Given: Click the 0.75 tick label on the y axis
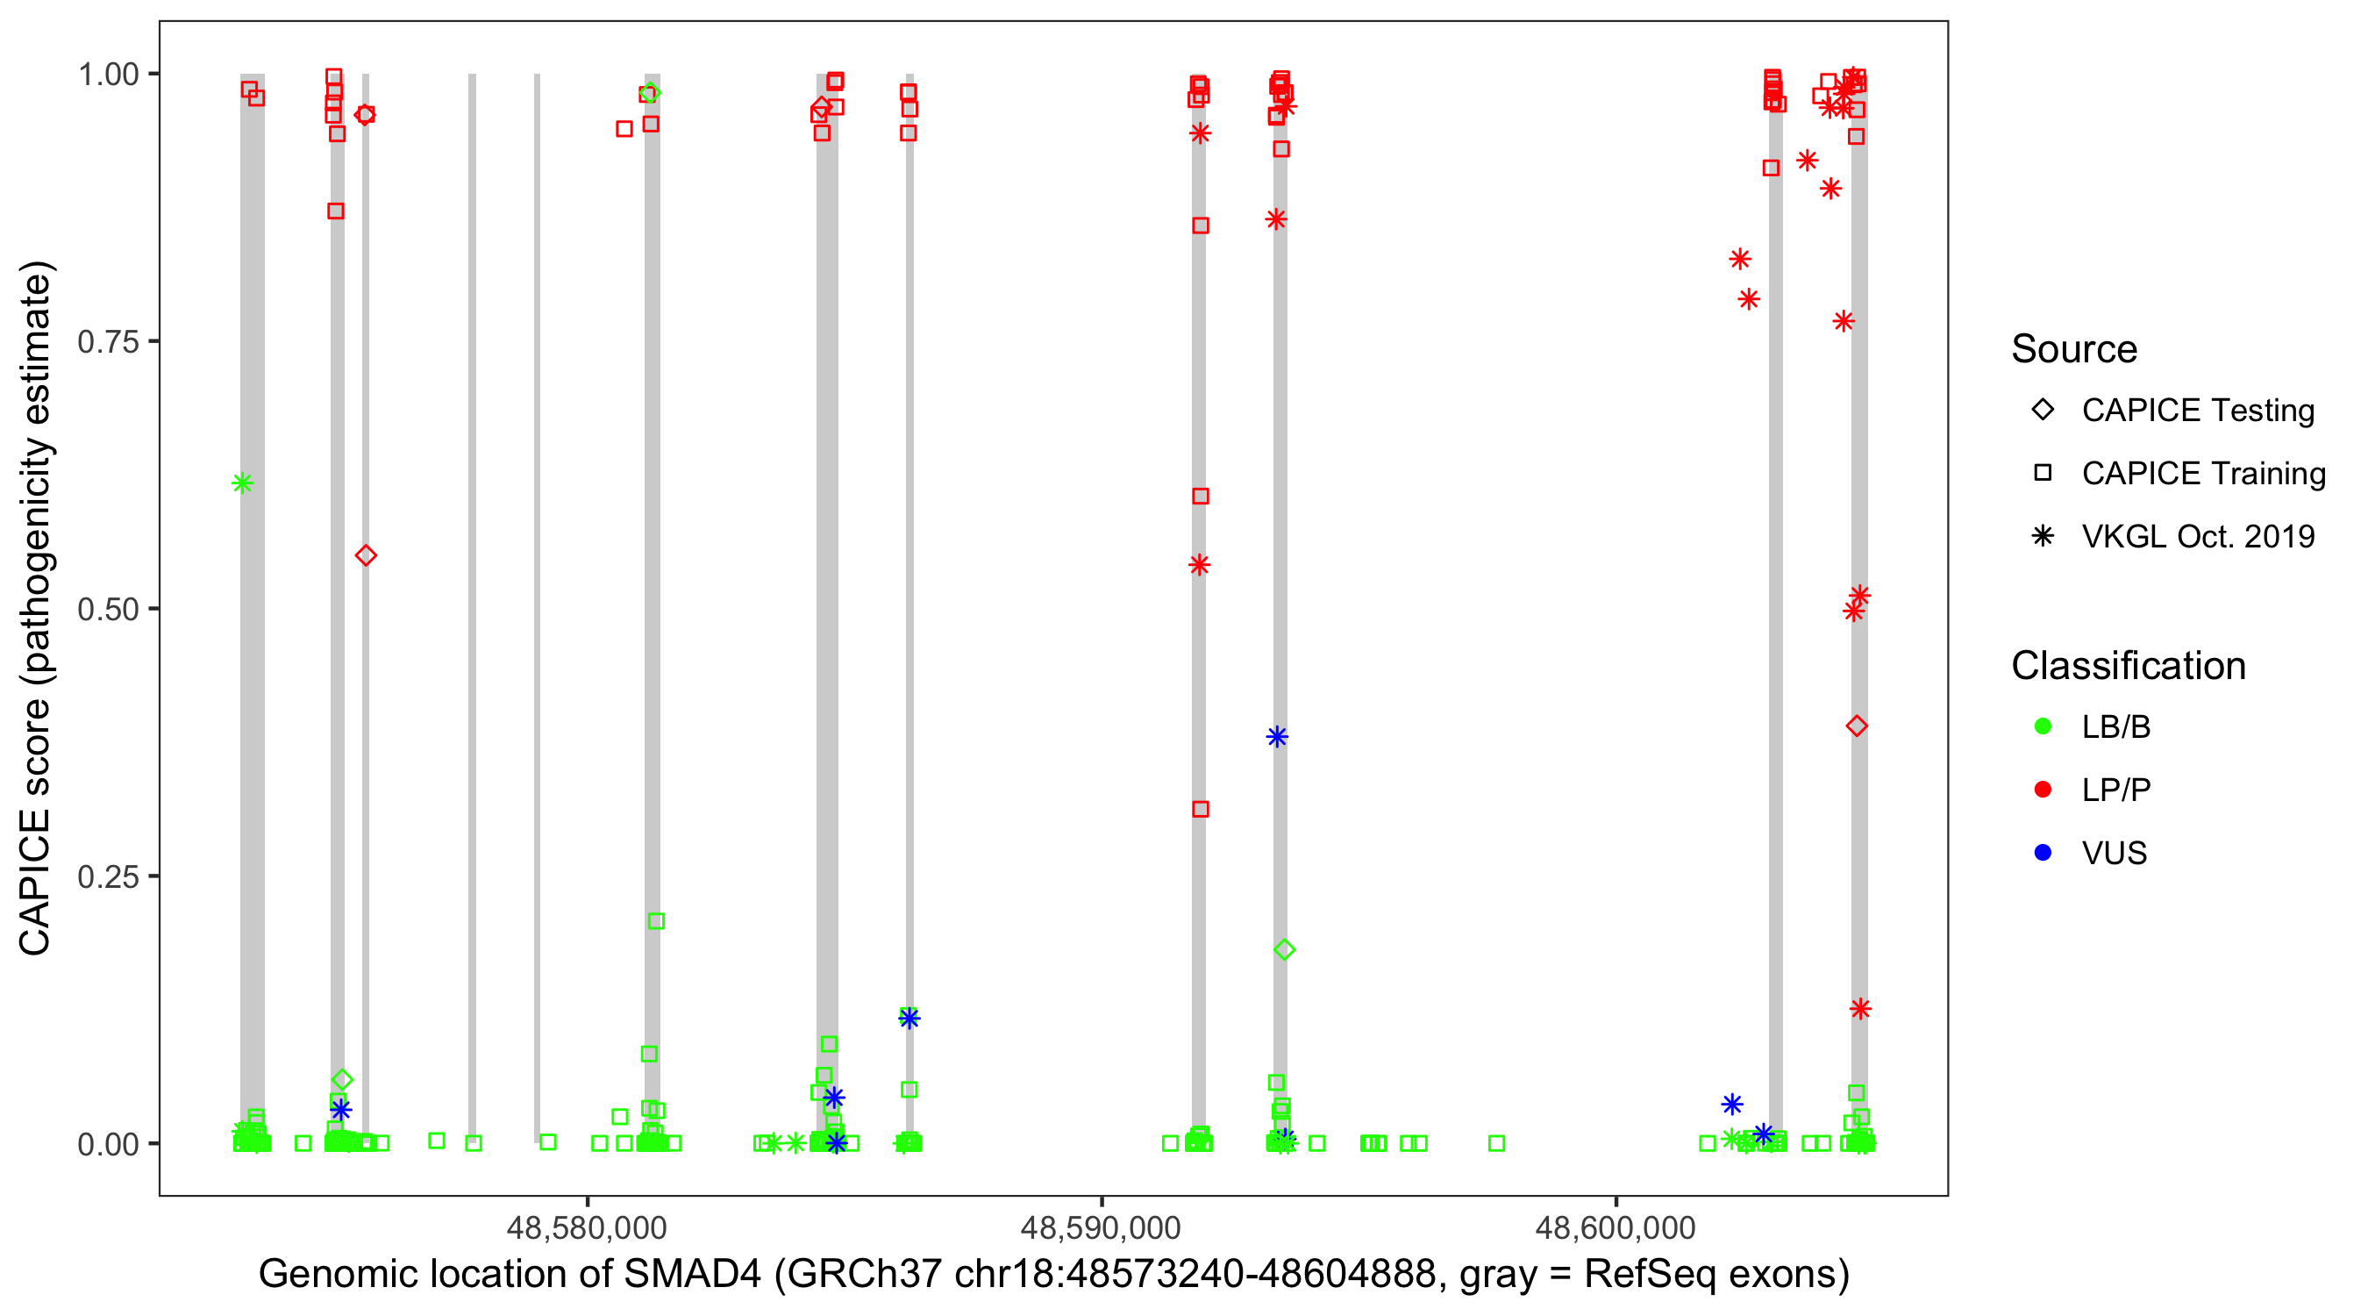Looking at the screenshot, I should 107,342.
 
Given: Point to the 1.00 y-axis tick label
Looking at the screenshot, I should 107,75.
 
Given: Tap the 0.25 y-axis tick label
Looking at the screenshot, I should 107,876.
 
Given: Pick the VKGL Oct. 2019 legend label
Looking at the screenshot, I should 2198,536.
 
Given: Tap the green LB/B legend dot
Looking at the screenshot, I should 2043,726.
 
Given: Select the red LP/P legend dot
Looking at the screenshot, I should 2043,790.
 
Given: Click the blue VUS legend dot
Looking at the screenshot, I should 2043,853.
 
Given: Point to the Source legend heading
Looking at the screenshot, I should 2074,349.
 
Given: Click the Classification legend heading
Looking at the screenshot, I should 2128,666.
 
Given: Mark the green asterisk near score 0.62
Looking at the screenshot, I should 243,483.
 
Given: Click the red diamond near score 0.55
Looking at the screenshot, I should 366,555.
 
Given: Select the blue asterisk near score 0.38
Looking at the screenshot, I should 1277,737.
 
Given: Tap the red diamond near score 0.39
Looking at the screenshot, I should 1856,726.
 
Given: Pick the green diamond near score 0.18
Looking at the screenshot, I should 1284,950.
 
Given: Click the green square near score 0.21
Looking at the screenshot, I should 655,921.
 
